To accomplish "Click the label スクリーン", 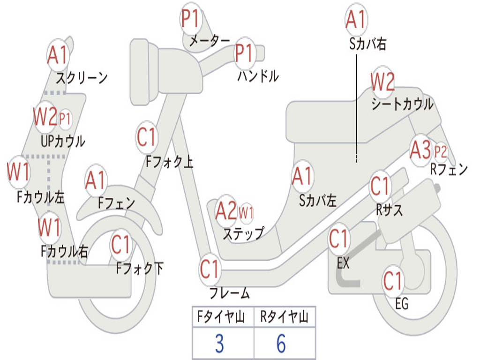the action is pos(82,77).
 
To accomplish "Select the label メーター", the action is pos(209,41).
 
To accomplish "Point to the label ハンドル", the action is pos(257,75).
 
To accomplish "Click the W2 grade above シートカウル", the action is pos(382,82).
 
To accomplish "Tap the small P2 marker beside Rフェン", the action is pos(440,151).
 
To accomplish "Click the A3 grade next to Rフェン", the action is pos(420,150).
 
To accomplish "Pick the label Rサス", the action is pos(390,210).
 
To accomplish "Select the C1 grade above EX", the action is pos(338,239).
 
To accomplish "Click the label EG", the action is pos(402,304).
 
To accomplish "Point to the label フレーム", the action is pos(229,294).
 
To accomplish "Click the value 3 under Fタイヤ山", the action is pos(219,344).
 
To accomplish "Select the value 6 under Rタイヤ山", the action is pos(281,344).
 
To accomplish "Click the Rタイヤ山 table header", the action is pos(284,318).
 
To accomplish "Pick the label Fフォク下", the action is pos(140,269).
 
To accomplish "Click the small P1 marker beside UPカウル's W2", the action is pos(65,119).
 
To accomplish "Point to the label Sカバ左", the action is pos(318,201).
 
